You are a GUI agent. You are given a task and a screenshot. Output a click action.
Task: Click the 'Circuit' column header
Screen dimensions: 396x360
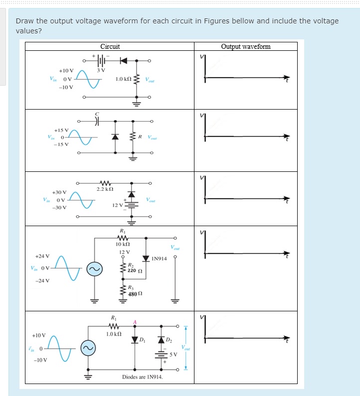tap(110, 46)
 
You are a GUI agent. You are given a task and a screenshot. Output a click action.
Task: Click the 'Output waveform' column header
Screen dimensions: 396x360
tap(246, 46)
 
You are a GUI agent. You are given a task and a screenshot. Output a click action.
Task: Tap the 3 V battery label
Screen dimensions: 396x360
tap(101, 70)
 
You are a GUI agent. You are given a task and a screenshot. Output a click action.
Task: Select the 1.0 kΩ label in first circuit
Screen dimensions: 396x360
tap(123, 79)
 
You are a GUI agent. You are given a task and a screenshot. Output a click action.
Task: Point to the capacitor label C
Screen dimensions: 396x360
tap(98, 114)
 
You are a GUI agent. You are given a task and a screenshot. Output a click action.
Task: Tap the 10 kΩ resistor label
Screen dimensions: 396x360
tap(123, 244)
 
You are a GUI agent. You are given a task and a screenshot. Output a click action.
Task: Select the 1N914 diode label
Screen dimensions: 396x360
tap(159, 259)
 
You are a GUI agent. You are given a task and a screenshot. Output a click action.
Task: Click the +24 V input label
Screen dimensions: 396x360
tap(42, 256)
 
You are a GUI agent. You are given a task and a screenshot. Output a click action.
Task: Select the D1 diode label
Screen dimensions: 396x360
tap(142, 341)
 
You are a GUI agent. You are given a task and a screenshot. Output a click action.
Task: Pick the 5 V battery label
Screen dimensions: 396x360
tap(173, 355)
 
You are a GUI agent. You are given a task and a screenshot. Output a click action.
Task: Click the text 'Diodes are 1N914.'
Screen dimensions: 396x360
tap(142, 377)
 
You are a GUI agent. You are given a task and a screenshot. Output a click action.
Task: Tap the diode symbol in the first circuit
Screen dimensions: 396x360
tap(123, 61)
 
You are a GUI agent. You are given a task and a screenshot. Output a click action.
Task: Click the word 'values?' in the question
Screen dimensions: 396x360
tap(28, 30)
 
